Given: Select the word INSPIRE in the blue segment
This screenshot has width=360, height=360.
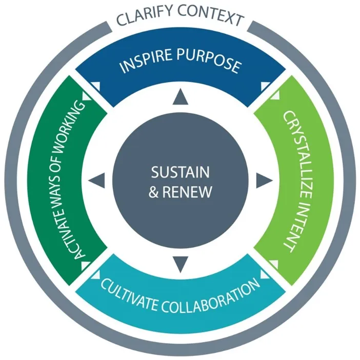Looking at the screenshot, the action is (145, 61).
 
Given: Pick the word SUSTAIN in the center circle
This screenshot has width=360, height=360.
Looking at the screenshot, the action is (180, 172).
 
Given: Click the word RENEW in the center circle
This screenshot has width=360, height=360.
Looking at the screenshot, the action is (187, 191).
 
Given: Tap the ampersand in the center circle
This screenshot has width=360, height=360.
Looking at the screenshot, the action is (154, 192).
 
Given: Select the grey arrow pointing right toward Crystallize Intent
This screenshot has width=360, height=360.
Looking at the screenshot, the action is (264, 181).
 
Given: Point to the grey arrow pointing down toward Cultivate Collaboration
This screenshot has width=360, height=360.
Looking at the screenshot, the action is (181, 265).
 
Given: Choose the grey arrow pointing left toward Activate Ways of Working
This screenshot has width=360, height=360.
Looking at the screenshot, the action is (96, 181).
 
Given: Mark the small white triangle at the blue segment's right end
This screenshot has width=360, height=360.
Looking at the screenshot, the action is (265, 86).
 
